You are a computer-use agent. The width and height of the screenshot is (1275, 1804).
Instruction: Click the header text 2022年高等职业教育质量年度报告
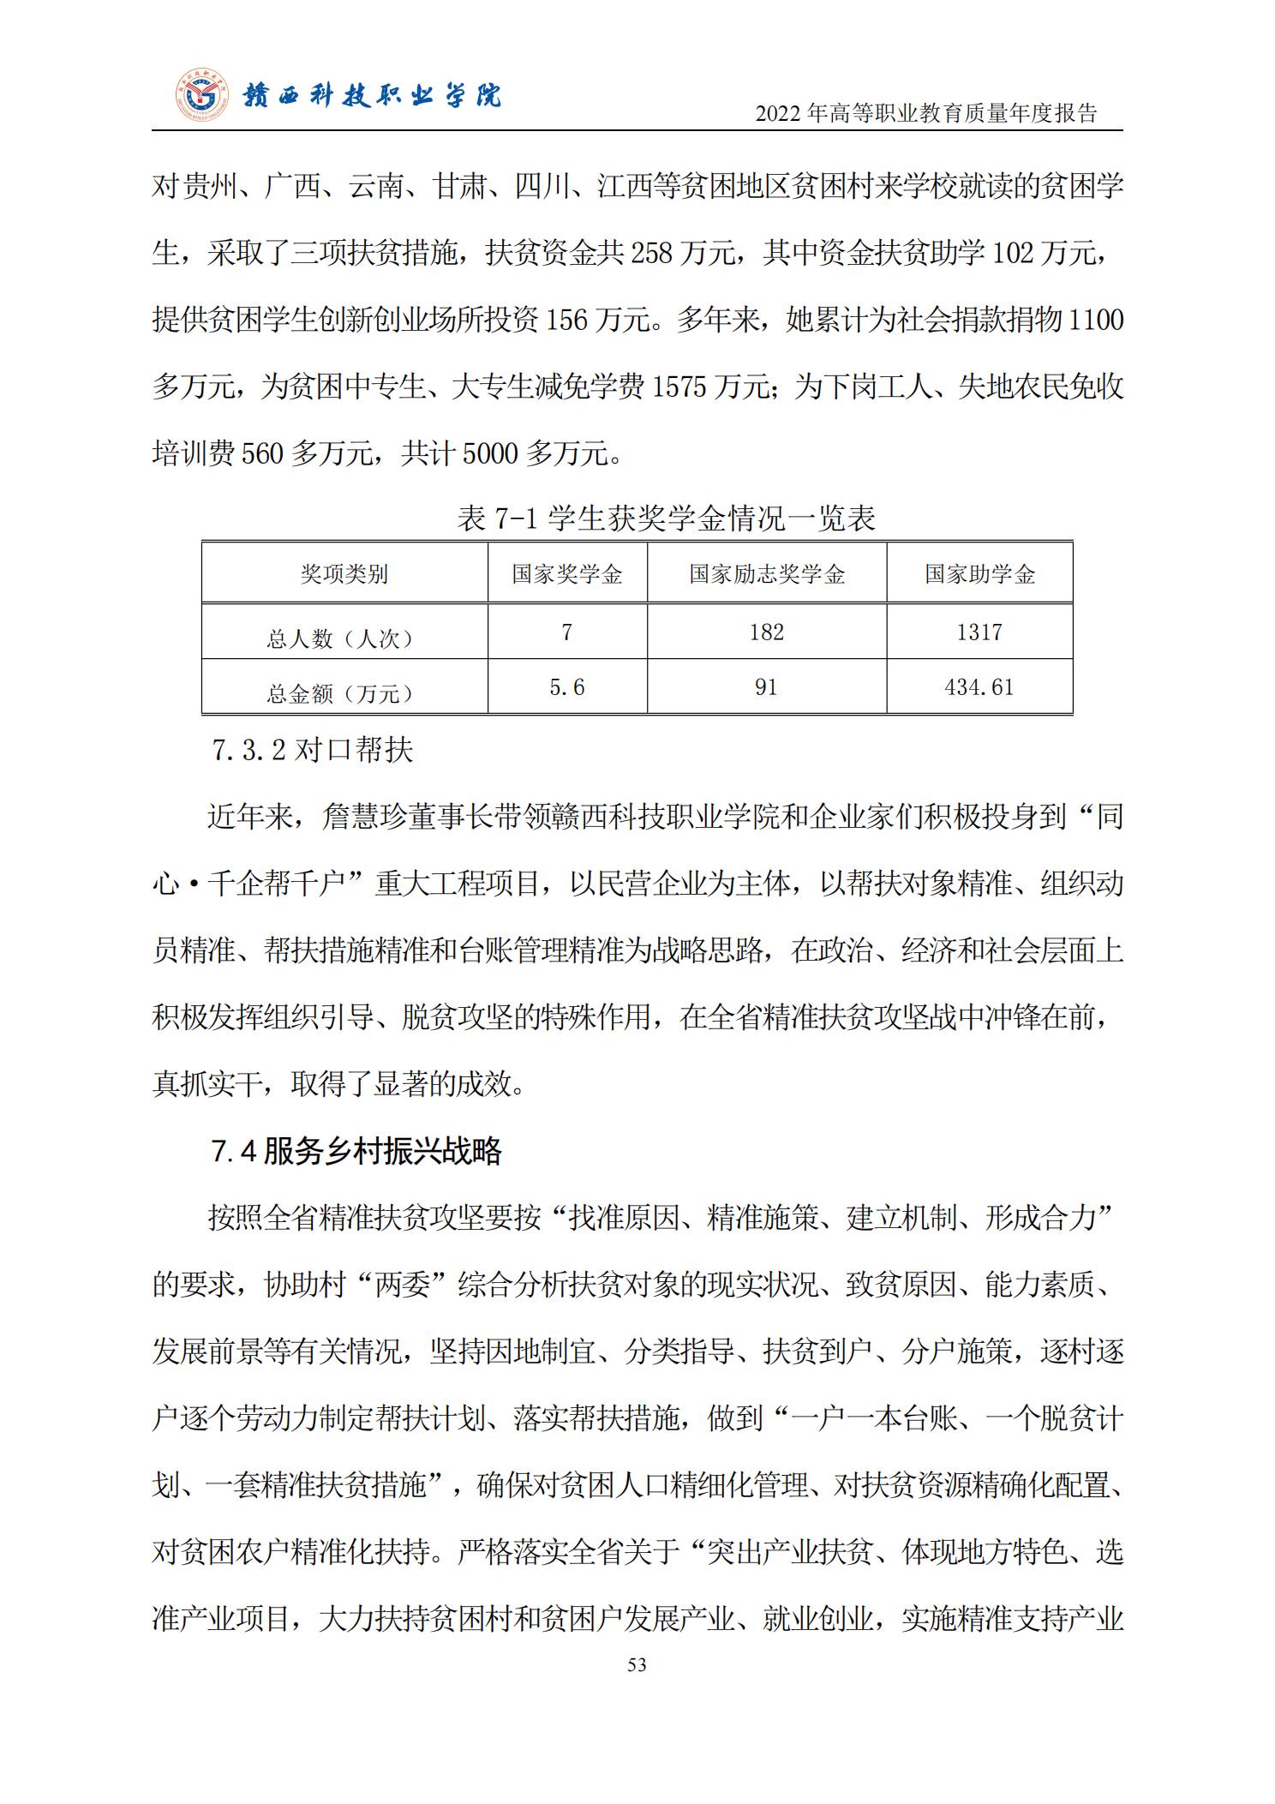(925, 113)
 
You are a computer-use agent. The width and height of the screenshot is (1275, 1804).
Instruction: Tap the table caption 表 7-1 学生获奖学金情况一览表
(666, 518)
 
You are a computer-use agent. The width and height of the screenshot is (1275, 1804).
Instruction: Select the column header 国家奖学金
(567, 574)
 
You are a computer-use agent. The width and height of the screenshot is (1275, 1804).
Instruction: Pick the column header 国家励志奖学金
(767, 574)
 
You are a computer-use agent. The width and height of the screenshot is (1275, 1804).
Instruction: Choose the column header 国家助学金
(979, 574)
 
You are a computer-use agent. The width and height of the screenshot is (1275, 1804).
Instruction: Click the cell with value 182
(766, 632)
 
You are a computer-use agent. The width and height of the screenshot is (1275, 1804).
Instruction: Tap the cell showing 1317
(979, 632)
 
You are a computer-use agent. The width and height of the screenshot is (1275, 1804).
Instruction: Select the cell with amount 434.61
(979, 687)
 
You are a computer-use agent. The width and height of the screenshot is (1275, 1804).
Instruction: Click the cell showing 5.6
(567, 687)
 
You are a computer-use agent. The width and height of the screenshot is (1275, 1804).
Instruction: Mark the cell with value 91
(766, 687)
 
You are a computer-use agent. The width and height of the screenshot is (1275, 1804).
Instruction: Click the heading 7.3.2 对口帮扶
(313, 751)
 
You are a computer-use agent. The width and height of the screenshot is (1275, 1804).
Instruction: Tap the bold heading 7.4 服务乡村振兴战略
(356, 1151)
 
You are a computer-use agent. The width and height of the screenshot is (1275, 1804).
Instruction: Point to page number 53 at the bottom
(637, 1664)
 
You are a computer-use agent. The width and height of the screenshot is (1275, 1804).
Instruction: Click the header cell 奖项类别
(344, 574)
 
